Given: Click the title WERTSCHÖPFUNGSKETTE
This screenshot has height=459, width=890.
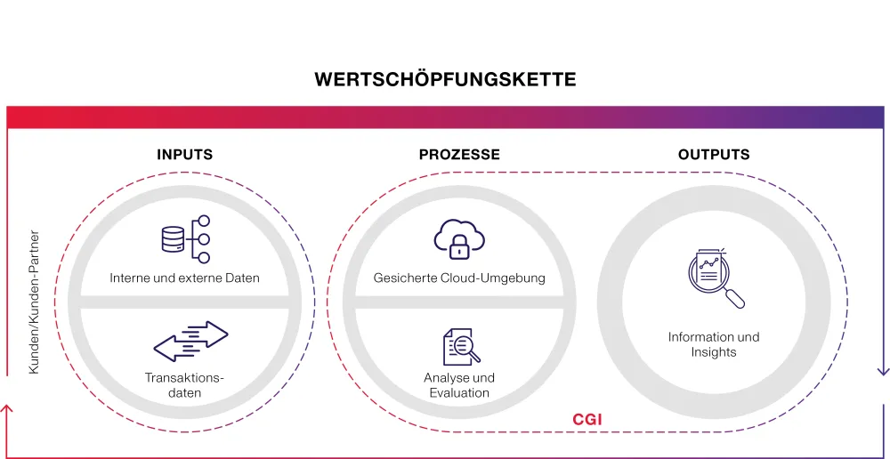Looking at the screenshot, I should (445, 80).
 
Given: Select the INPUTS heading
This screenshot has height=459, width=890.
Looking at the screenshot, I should (185, 155).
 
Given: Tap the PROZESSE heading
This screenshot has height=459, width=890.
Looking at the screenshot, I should (459, 155).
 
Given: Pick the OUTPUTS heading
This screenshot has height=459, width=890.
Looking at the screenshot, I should (714, 155).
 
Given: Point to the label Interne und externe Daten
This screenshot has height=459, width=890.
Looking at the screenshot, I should (185, 278).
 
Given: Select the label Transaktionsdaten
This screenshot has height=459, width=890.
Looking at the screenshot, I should (185, 385).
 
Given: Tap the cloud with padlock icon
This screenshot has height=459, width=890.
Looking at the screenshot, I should (460, 237).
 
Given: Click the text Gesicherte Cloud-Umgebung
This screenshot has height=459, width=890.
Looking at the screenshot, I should (459, 278).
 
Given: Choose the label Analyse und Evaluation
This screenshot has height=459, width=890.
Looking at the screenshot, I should (459, 385).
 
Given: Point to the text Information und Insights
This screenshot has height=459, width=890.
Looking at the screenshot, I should (714, 344).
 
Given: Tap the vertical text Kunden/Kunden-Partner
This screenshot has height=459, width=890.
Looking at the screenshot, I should (35, 303).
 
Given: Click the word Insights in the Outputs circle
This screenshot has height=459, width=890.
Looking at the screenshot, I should (714, 352).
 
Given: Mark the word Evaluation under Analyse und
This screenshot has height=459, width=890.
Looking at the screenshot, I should (459, 393).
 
